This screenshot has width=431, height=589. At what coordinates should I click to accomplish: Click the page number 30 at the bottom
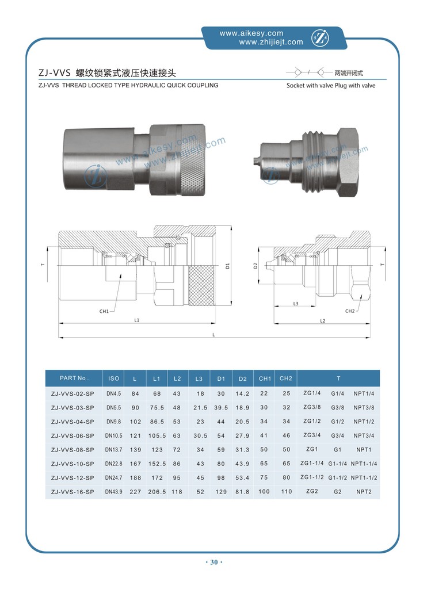click(213, 562)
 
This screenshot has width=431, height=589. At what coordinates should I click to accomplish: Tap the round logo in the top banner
click(319, 38)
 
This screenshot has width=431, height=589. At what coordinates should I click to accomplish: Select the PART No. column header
click(74, 378)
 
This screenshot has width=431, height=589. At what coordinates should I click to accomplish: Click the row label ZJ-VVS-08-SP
click(73, 450)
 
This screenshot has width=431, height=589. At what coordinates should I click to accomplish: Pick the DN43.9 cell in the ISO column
click(114, 492)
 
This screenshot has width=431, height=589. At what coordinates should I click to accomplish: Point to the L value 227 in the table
click(135, 492)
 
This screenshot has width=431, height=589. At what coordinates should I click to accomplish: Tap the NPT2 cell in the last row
click(365, 492)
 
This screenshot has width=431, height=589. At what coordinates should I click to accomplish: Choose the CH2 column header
click(286, 378)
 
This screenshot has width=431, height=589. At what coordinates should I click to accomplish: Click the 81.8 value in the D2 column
click(243, 492)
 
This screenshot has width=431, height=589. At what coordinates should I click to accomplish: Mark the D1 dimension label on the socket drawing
click(227, 266)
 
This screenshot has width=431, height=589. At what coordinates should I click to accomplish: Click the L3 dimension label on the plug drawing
click(295, 303)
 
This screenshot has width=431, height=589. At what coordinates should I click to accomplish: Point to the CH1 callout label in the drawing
click(104, 311)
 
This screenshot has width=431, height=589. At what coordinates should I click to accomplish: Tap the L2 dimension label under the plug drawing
click(322, 320)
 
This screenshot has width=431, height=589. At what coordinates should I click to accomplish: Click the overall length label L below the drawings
click(213, 334)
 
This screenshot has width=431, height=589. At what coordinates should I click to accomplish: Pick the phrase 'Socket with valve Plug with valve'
click(331, 86)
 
